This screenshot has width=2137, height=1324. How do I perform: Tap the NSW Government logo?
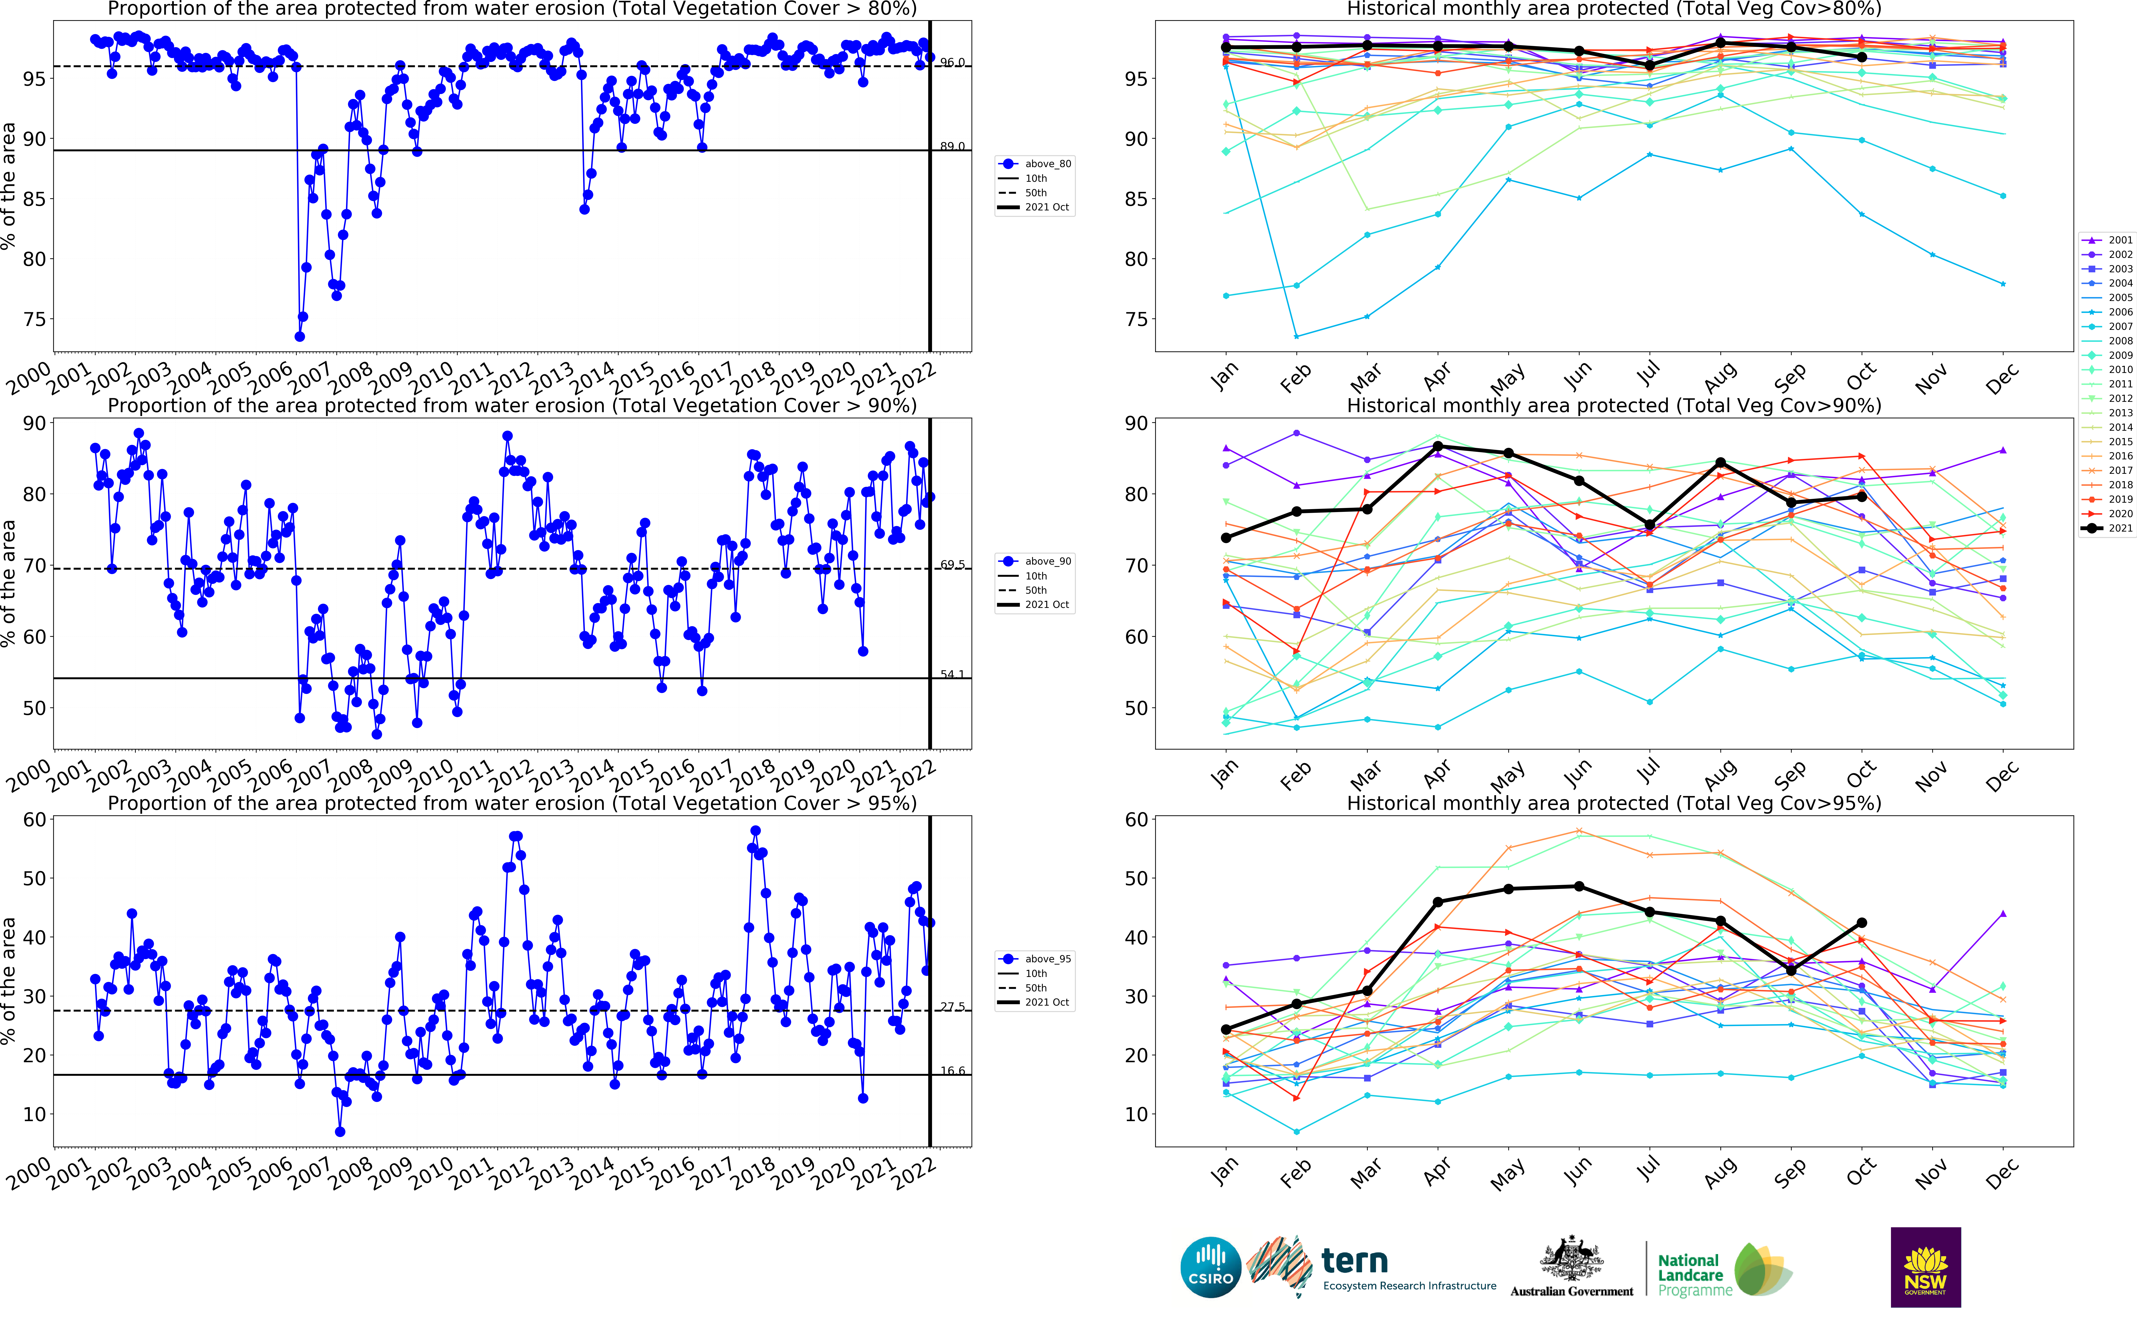coord(1925,1267)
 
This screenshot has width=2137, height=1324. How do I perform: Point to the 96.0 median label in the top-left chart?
coord(953,62)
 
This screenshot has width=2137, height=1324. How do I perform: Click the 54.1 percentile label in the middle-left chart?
coord(953,674)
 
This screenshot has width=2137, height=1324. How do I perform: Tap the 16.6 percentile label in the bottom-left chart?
coord(953,1071)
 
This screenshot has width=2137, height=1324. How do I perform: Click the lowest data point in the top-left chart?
coord(299,336)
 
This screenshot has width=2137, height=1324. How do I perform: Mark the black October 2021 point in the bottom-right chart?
coord(1862,923)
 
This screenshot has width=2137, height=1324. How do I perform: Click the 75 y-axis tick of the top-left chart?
coord(35,320)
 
